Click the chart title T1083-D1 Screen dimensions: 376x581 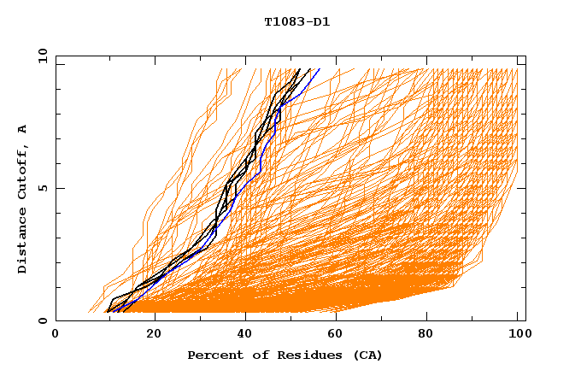tap(296, 22)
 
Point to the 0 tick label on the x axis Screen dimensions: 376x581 tap(56, 336)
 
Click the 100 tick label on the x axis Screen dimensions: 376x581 tap(518, 336)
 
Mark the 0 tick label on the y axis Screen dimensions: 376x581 tap(42, 320)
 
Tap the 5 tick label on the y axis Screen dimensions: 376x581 tap(42, 188)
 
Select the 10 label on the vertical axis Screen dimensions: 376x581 tap(42, 56)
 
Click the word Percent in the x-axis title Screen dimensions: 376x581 tap(214, 355)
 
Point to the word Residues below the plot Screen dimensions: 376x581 tap(303, 355)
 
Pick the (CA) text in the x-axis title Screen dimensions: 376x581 tap(367, 355)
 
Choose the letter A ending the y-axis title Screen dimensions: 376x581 tap(22, 128)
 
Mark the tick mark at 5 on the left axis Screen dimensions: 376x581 tap(58, 188)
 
